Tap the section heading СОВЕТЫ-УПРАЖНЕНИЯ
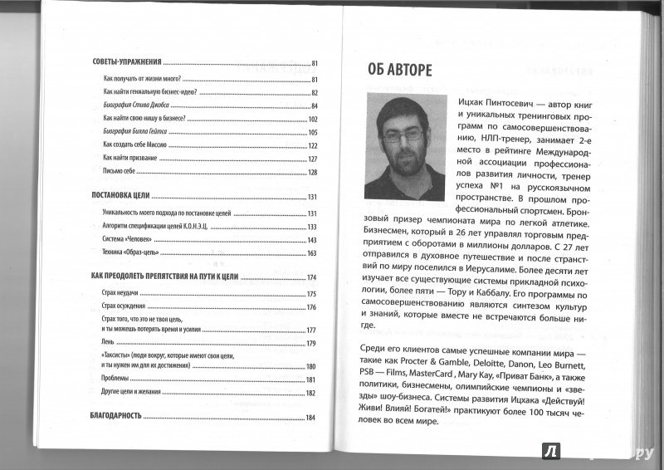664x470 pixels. click(125, 62)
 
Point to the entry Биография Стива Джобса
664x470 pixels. click(134, 105)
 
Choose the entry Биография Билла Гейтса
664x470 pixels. click(135, 132)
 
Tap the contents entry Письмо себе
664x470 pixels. click(120, 172)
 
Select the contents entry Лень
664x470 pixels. click(109, 343)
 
